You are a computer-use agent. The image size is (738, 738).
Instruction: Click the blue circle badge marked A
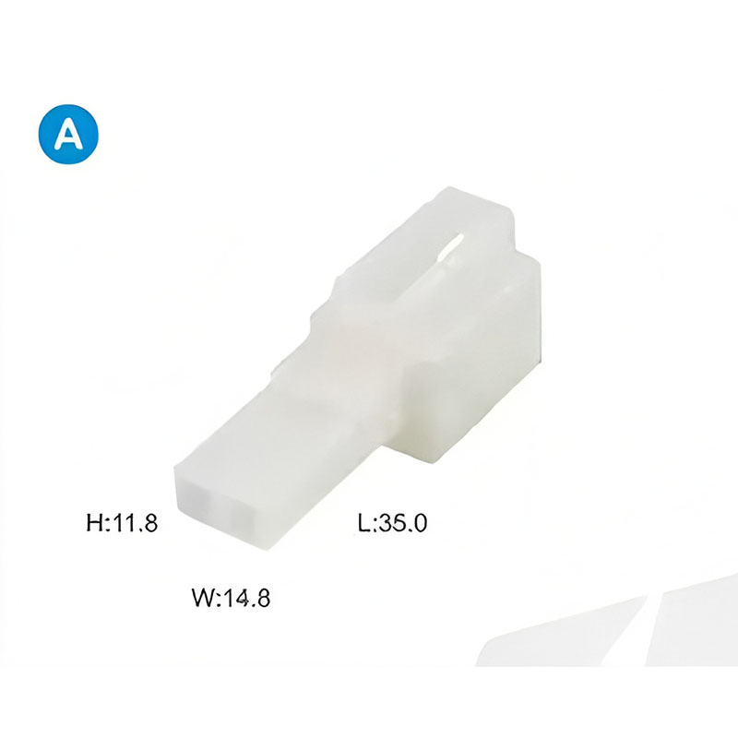pos(68,134)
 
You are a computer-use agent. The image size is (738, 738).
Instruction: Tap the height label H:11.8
pos(122,523)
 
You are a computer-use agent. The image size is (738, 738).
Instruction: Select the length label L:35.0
pos(393,523)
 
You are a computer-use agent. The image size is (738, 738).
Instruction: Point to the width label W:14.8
pos(232,598)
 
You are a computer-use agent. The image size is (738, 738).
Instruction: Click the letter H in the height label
pos(94,523)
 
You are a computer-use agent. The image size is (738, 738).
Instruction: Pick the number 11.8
pos(135,523)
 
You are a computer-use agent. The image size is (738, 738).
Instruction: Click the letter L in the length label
pos(363,523)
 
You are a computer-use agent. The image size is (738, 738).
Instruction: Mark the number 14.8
pos(246,598)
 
